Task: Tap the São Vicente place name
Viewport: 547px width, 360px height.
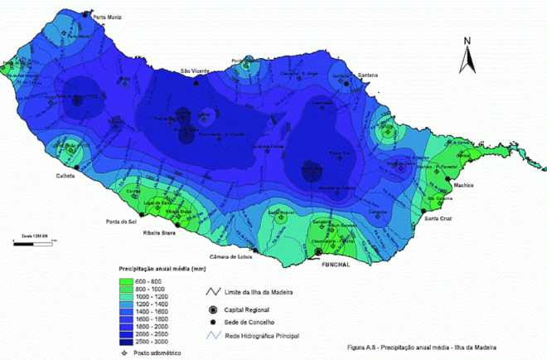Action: [x=196, y=72]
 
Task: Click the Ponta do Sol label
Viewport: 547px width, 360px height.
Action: [x=121, y=221]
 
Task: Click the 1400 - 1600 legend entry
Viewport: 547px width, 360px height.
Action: [x=148, y=311]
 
